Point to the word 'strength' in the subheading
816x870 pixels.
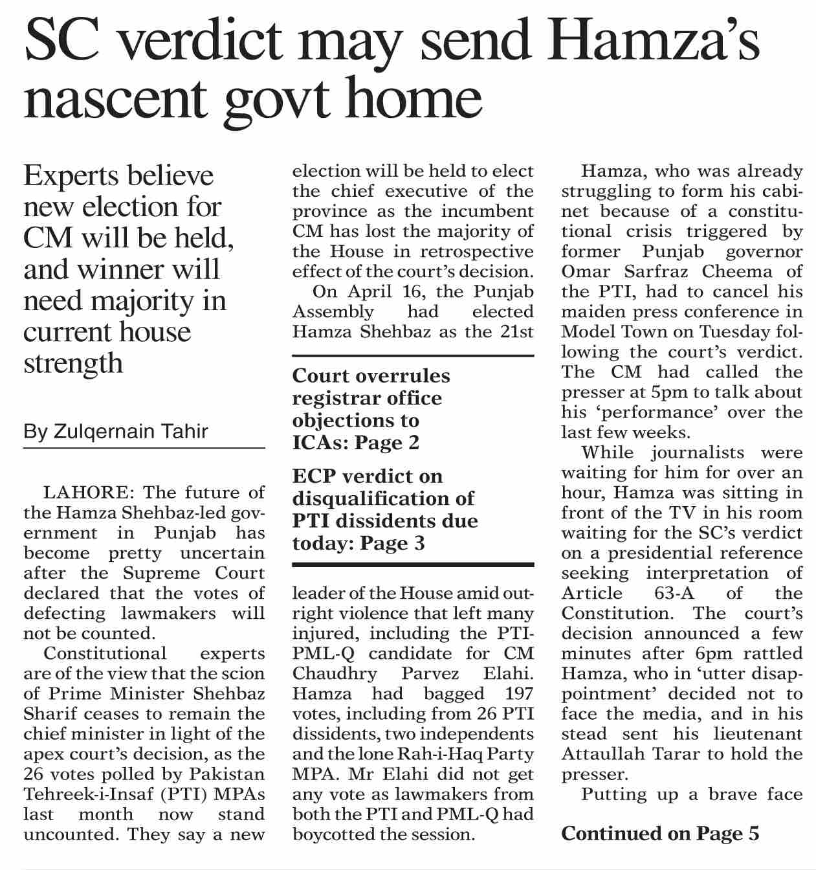tap(72, 362)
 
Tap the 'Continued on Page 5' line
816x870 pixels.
tap(660, 834)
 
